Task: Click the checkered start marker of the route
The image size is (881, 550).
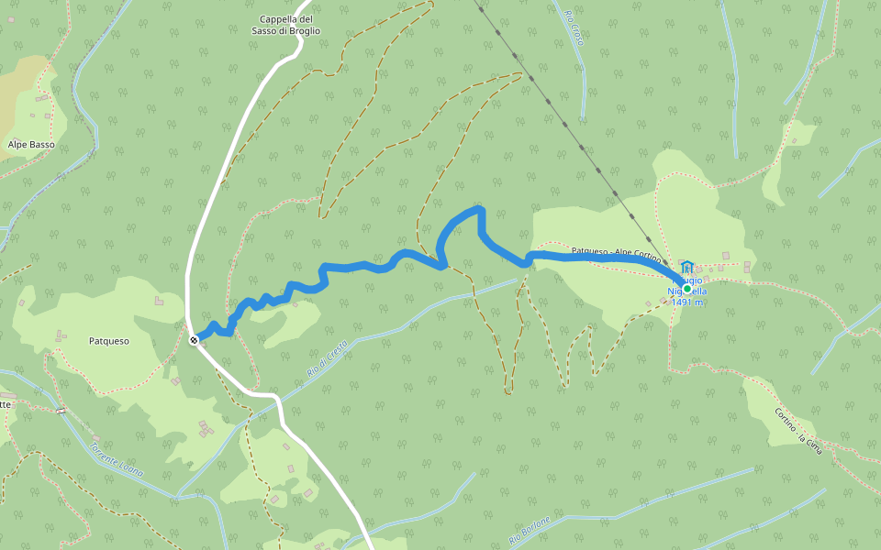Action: point(194,340)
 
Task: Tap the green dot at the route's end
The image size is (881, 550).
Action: point(686,288)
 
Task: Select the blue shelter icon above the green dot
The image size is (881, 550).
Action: point(686,267)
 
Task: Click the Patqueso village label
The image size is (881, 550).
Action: point(109,341)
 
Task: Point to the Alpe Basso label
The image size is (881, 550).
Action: point(31,145)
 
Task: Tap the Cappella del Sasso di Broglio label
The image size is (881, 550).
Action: point(286,25)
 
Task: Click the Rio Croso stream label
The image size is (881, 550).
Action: point(574,27)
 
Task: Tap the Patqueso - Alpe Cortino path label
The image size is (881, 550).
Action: point(616,254)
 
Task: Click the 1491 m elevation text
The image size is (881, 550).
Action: point(687,302)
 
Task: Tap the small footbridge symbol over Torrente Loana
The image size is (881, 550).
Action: point(61,411)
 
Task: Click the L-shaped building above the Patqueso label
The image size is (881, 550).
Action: point(160,300)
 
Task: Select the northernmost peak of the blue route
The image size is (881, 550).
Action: point(477,210)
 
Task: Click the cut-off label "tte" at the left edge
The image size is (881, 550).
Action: point(6,404)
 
